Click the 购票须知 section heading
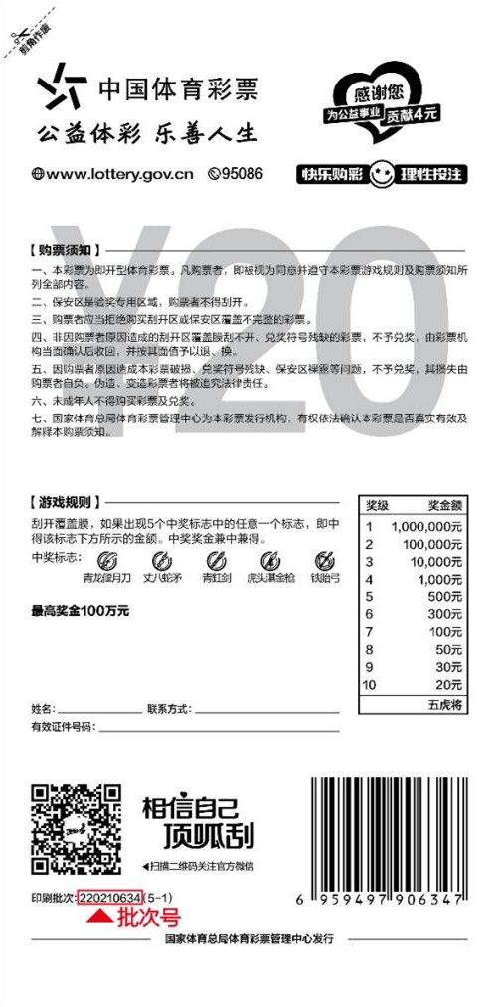(x=63, y=249)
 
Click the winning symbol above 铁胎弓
(x=325, y=561)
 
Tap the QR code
(x=78, y=831)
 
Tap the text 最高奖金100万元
(x=81, y=610)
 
